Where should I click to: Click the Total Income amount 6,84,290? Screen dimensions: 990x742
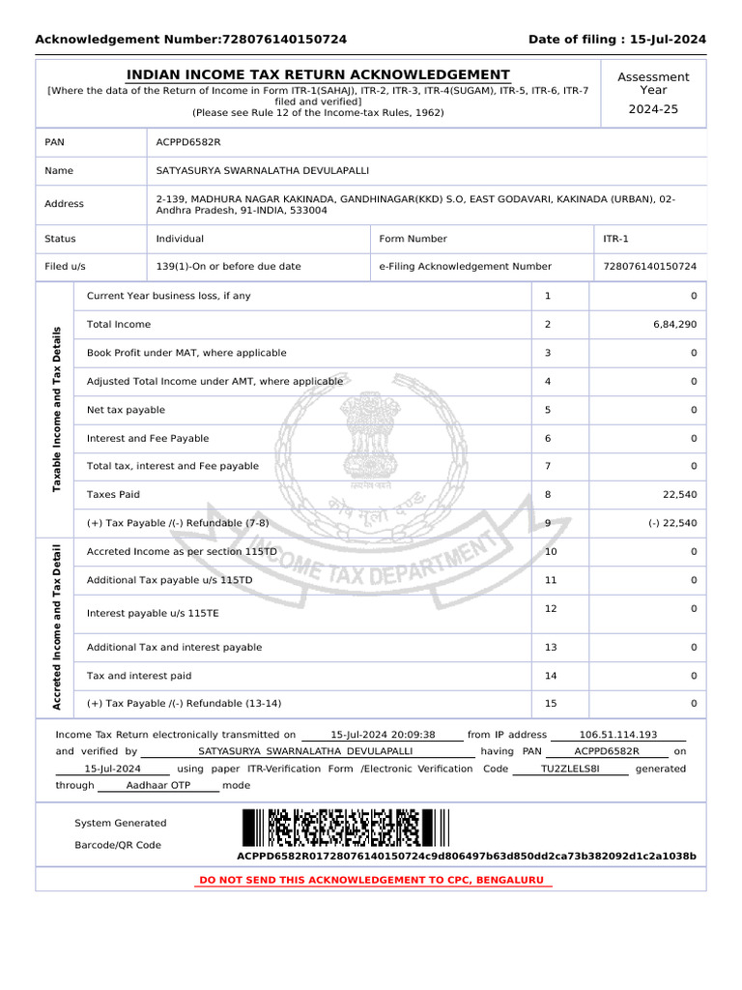674,325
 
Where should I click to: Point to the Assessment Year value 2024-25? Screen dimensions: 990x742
653,109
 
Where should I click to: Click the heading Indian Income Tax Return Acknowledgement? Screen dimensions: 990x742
318,75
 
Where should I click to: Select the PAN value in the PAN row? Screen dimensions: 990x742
188,142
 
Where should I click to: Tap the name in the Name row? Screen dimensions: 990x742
262,171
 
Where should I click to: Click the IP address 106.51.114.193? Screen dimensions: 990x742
617,735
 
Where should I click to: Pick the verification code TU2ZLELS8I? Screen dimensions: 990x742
570,769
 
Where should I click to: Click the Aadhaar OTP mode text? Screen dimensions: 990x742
158,786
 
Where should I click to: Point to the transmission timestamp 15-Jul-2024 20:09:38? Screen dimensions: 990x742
383,735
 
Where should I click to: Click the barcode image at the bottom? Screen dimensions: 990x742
346,829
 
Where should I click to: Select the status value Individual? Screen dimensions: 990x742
180,239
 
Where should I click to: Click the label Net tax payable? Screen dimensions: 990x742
126,410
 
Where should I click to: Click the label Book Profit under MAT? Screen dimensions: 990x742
186,354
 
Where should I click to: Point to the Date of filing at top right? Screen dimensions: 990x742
616,40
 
